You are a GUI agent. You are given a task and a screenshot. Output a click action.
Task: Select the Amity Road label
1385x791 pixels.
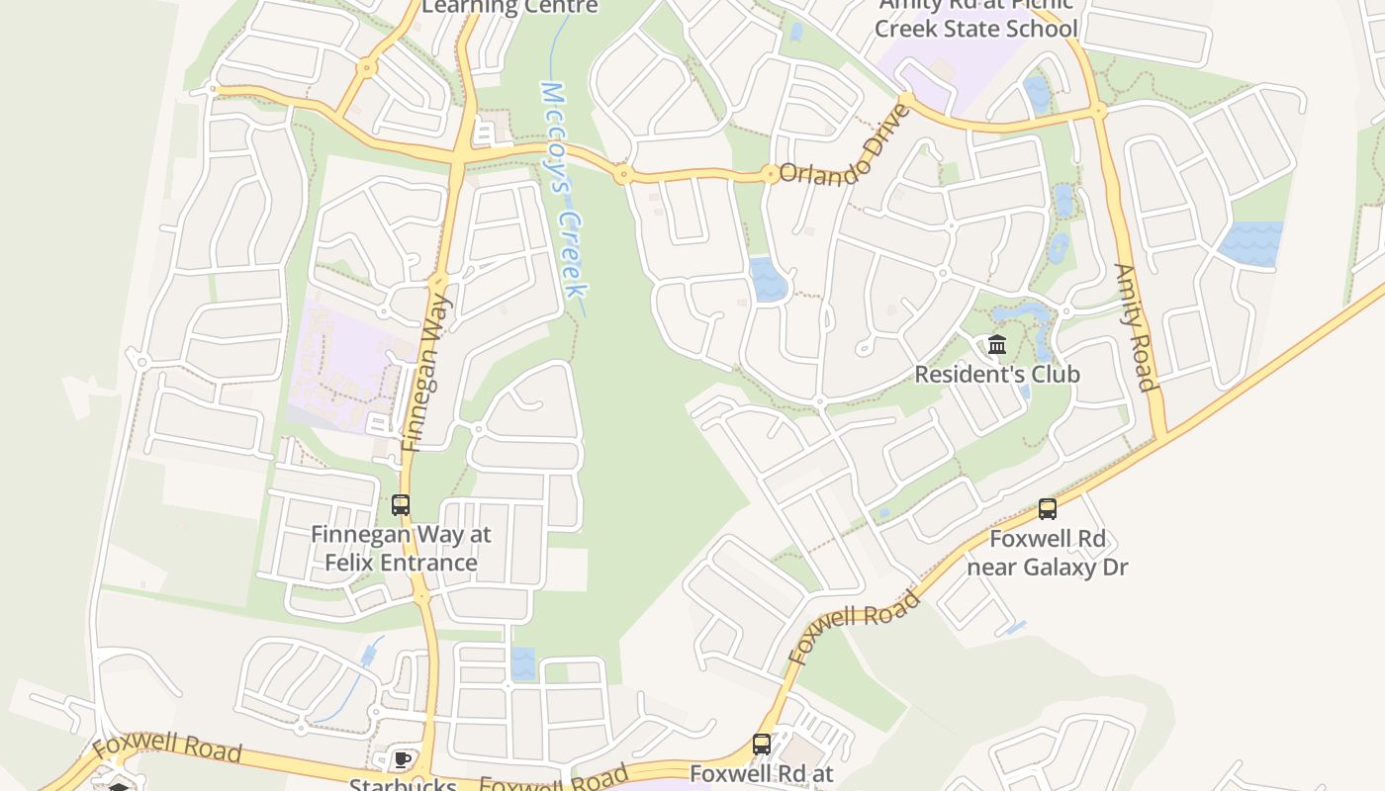coord(1135,326)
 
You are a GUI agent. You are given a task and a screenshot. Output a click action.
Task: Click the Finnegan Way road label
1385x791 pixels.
coord(427,374)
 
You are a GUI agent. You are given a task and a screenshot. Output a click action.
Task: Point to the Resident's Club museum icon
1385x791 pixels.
coord(997,345)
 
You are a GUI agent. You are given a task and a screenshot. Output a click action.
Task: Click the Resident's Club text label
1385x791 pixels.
coord(997,375)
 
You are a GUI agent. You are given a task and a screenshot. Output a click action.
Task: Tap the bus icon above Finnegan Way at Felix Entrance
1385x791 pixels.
coord(401,504)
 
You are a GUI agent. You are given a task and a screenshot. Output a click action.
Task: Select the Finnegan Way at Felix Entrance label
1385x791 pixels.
coord(401,549)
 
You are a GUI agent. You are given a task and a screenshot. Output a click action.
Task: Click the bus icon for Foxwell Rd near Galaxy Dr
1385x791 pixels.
coord(1048,509)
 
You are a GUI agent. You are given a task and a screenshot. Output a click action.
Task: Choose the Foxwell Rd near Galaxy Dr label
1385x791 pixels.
coord(1048,554)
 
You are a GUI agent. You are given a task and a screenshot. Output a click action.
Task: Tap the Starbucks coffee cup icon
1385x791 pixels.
coord(401,760)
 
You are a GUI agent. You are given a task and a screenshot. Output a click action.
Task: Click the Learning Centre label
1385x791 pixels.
coord(509,8)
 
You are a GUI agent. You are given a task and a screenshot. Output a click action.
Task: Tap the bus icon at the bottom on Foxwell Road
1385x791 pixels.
coord(762,744)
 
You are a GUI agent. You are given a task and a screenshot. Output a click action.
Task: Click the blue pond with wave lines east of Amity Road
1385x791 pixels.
coord(1251,242)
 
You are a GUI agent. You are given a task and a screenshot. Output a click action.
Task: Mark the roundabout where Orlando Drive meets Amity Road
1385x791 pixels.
coord(1099,111)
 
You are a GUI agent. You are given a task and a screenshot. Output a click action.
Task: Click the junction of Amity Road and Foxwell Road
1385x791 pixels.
coord(1163,435)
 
